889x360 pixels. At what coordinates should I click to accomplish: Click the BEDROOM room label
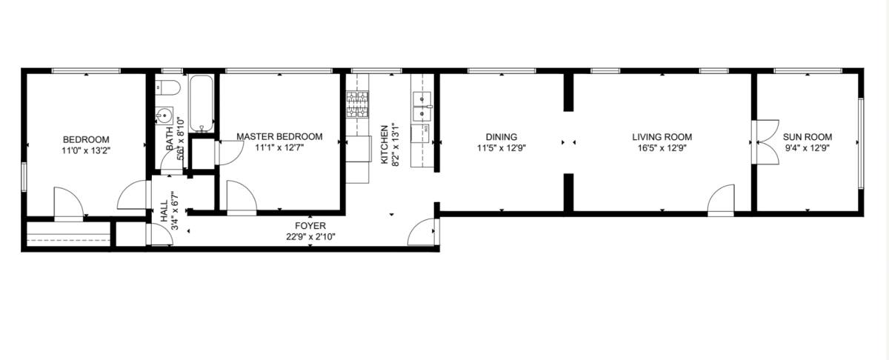tap(86, 140)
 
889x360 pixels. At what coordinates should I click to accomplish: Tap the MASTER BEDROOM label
tap(279, 136)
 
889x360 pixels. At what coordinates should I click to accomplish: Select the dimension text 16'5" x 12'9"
tap(662, 148)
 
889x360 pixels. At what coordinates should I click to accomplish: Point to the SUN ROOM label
tap(808, 137)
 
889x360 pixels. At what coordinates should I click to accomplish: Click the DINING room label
tap(502, 137)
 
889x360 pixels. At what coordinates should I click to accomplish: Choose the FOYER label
tap(310, 226)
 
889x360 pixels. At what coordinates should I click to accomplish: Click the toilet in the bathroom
tap(167, 87)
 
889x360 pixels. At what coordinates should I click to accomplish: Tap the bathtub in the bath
tap(202, 103)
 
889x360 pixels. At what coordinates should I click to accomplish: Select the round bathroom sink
tap(164, 116)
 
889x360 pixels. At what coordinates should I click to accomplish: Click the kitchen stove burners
tap(357, 104)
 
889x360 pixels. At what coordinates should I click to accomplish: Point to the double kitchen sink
tap(422, 107)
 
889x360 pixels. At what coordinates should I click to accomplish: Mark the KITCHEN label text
tap(384, 144)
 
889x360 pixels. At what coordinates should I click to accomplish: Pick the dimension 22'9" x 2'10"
tap(310, 237)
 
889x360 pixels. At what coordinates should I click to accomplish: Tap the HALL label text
tap(164, 212)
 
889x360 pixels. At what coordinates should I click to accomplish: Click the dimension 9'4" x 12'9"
tap(808, 148)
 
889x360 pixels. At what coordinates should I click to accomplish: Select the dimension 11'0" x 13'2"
tap(86, 151)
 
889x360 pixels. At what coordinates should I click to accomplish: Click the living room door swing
tap(721, 200)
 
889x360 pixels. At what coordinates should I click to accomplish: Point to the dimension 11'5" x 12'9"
tap(502, 148)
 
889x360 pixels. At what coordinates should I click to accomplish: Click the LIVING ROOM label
tap(662, 137)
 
